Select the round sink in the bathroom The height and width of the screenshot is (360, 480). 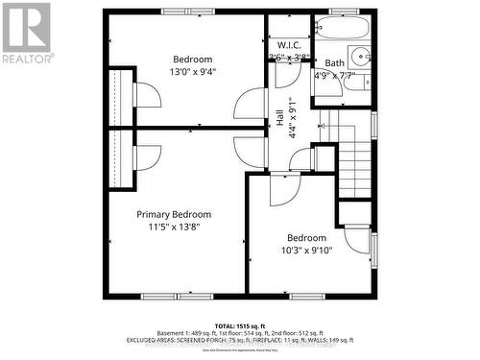pos(360,55)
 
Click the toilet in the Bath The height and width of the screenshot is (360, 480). pos(356,83)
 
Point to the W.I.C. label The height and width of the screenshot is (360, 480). pos(290,45)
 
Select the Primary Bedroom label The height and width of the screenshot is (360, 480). pos(174,214)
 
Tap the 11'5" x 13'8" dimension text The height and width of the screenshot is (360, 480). pos(174,228)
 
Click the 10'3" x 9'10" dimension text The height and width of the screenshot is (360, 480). pos(307,251)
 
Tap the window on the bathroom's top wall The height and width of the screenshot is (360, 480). pos(342,11)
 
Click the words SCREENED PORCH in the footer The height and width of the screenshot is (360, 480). pos(203,340)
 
